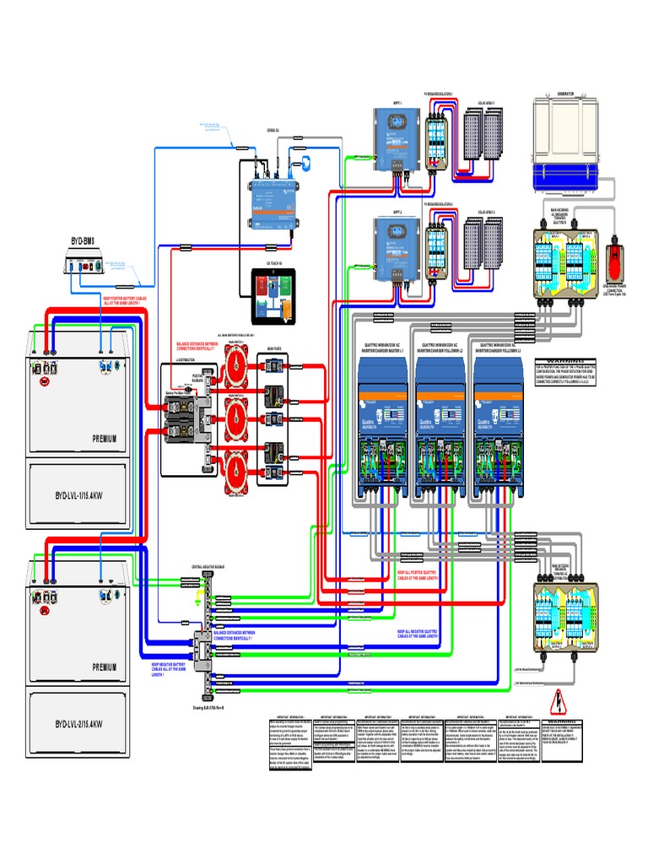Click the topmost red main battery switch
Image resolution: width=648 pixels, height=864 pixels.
[x=237, y=365]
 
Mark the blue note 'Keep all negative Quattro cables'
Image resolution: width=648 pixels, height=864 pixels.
[x=419, y=633]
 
